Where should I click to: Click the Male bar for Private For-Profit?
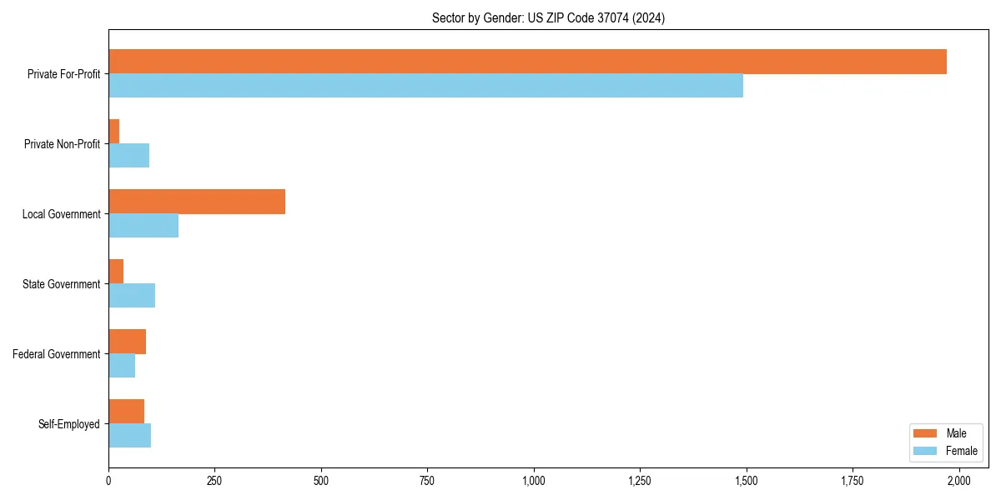(x=527, y=62)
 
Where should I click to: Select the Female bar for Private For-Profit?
(x=425, y=86)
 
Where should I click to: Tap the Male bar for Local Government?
(x=197, y=202)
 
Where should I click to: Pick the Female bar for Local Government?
(x=143, y=226)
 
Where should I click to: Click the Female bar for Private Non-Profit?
(x=128, y=156)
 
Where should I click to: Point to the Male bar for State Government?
(x=116, y=272)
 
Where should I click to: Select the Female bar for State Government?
(x=132, y=296)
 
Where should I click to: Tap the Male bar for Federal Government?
(x=127, y=342)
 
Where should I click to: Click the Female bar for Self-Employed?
(x=129, y=436)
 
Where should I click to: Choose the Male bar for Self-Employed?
(x=126, y=412)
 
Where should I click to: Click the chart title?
(x=548, y=18)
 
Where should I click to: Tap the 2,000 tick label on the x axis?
(x=958, y=481)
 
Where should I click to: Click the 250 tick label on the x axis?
(x=214, y=481)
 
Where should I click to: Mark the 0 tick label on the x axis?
(x=108, y=481)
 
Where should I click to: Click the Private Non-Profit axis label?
(x=62, y=144)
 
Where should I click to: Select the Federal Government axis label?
(x=57, y=354)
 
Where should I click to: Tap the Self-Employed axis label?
(x=69, y=424)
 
